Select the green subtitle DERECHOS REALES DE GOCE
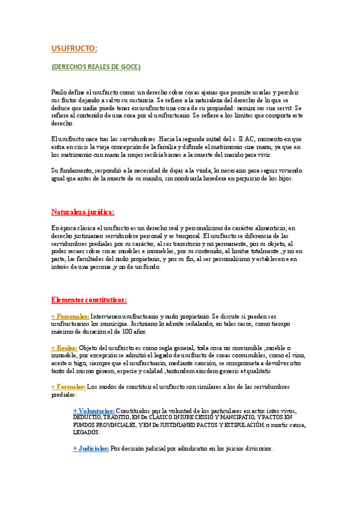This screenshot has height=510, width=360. coord(96,66)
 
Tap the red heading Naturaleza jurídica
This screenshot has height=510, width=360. coord(82,212)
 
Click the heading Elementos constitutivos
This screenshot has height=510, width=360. coord(89,300)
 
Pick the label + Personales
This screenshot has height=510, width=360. coord(70,316)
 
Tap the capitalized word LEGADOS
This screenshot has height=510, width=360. coord(87,432)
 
